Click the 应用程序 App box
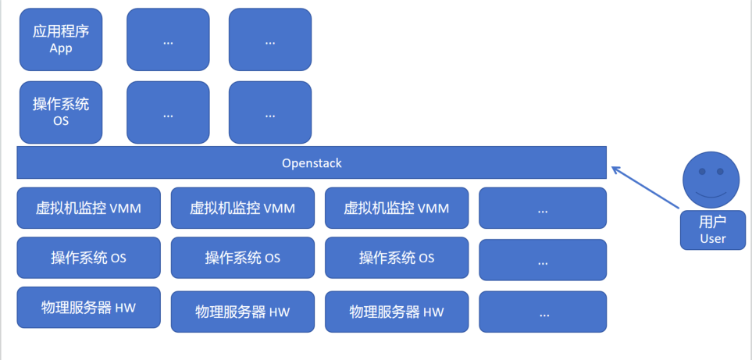(61, 40)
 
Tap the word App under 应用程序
(61, 48)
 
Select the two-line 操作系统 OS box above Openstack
(61, 112)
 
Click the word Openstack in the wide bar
(312, 163)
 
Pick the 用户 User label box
(713, 230)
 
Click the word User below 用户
(713, 239)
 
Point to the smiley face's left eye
(702, 171)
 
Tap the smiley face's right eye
(722, 171)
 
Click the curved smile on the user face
(711, 193)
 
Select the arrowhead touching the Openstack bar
(615, 169)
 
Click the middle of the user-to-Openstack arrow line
(647, 188)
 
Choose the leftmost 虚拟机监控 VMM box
(89, 209)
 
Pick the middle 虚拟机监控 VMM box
(243, 209)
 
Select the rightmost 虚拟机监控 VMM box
(397, 209)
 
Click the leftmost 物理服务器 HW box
(89, 308)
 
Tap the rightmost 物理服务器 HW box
(397, 312)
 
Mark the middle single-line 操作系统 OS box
(243, 258)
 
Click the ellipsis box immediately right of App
(168, 40)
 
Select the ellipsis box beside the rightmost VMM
(543, 209)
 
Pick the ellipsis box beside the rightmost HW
(543, 312)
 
